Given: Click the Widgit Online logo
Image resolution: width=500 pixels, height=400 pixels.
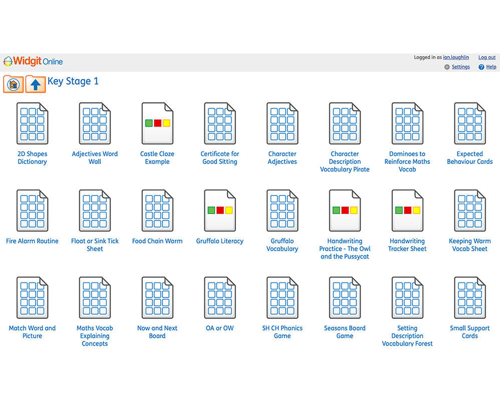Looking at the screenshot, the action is (x=33, y=61).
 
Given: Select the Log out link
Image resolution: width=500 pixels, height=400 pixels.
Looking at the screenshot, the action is (x=486, y=58).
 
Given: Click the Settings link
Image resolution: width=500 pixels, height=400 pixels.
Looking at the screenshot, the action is (x=460, y=67).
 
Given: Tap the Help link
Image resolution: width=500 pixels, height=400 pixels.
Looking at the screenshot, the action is (x=491, y=67).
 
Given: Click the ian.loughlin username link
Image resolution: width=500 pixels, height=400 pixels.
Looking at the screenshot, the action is (x=456, y=58).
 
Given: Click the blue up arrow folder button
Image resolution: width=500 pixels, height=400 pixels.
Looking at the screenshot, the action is (x=36, y=84).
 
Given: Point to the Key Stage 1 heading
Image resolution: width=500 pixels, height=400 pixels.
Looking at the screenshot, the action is (x=73, y=82).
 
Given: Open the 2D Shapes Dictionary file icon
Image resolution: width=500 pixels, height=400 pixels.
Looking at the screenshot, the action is (x=32, y=123).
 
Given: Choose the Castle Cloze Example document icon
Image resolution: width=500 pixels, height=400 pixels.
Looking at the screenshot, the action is (x=157, y=123).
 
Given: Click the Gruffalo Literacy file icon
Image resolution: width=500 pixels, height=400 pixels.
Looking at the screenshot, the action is (x=220, y=211).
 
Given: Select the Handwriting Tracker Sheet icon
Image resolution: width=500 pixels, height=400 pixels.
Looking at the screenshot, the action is (x=407, y=211).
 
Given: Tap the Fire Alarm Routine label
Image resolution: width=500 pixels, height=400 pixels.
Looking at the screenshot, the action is (x=32, y=241).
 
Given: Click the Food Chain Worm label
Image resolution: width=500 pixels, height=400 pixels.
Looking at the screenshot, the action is (x=157, y=241).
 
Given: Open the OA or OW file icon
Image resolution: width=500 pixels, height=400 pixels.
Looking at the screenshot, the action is (x=220, y=298).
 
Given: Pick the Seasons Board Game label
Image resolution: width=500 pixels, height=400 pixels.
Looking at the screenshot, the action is (x=345, y=332).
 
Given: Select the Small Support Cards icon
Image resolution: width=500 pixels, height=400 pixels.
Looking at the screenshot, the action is (x=470, y=298).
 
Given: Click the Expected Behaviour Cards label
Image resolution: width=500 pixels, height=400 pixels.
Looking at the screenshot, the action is (x=470, y=158).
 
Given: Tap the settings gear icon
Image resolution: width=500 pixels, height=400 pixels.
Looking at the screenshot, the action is (x=447, y=67).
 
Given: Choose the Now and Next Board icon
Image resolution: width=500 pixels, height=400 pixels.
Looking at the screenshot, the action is (x=157, y=298).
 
